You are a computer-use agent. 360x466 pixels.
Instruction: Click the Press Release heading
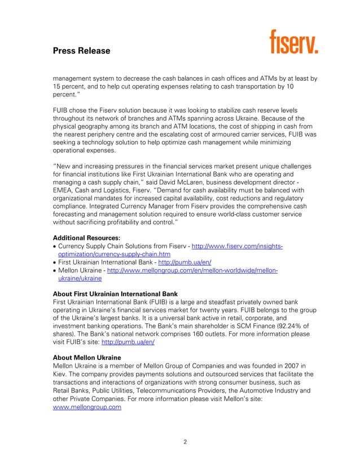81,51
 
